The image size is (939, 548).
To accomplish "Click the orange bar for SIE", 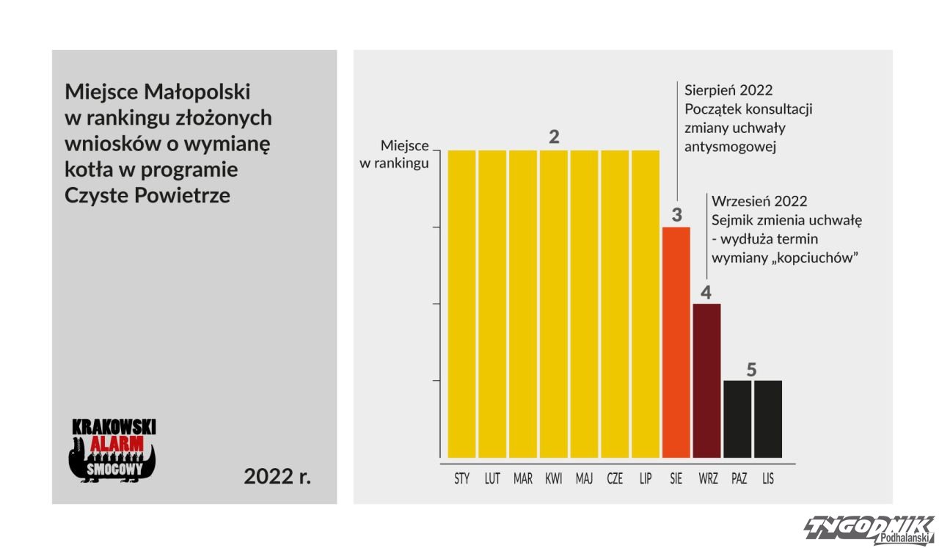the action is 676,342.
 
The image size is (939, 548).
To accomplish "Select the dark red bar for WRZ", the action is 706,381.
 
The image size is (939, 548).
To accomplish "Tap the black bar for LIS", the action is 768,419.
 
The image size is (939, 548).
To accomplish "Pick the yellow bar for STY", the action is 461,304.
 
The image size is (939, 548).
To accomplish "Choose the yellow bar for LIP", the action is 646,304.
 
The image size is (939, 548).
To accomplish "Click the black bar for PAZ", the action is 737,419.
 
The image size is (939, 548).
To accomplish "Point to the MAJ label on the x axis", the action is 585,478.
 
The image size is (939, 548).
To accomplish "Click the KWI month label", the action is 553,478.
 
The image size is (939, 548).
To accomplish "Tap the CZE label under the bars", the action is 615,478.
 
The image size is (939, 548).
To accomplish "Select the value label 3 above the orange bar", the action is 676,215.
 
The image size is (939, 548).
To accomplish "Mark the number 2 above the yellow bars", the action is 554,136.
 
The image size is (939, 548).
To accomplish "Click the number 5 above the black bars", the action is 751,370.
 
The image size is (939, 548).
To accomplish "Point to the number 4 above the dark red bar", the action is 706,293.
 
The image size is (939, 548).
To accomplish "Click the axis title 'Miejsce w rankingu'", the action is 394,154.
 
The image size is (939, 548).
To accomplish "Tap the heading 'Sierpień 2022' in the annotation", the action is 728,90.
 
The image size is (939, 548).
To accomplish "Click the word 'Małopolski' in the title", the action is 197,92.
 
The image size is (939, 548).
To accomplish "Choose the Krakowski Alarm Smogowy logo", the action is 112,450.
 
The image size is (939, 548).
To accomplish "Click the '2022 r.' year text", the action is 277,476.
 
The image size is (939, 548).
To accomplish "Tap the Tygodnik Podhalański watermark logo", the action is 869,530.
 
